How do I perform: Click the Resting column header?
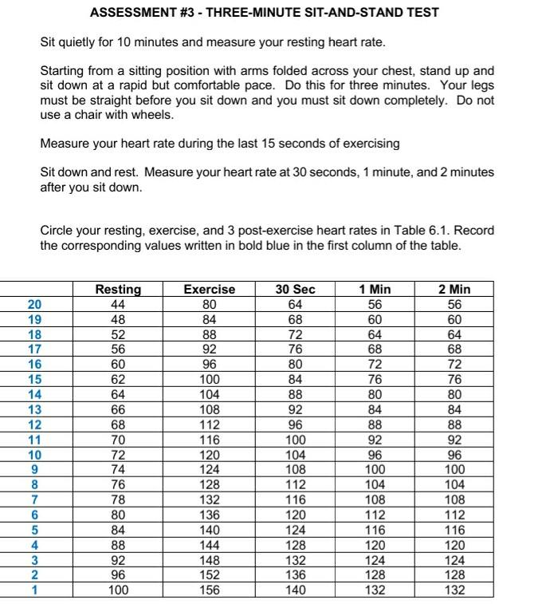point(118,290)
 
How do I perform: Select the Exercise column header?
point(209,290)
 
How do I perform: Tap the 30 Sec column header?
point(295,290)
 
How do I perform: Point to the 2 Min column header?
point(454,290)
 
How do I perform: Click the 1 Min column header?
point(375,290)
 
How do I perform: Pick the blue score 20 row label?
point(34,304)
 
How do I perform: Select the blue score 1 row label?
point(34,590)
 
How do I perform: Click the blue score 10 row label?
point(34,455)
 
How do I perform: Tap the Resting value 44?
point(118,304)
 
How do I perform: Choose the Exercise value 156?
point(209,590)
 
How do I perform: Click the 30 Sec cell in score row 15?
point(295,380)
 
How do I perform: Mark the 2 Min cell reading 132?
point(454,590)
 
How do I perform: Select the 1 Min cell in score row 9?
point(375,470)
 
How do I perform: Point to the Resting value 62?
point(118,380)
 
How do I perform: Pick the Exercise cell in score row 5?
point(209,531)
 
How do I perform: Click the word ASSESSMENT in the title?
point(132,13)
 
